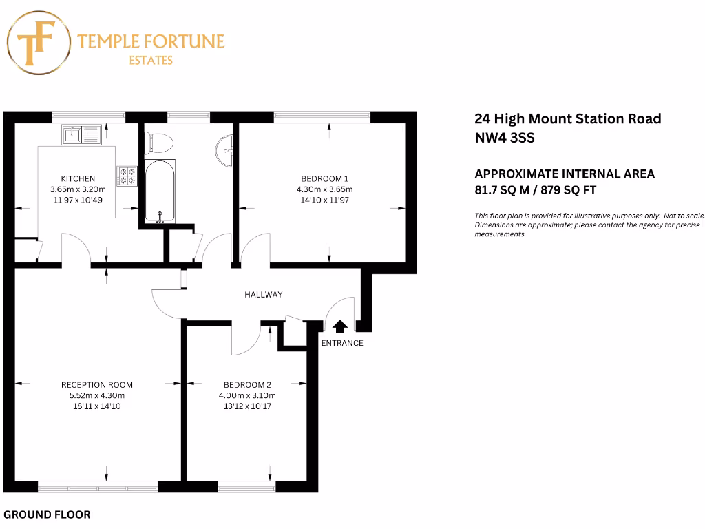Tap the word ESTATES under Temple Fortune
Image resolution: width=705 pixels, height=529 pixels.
(x=151, y=61)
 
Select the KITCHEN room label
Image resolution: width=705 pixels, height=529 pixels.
(x=78, y=178)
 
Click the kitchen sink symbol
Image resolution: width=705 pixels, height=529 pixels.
(x=81, y=134)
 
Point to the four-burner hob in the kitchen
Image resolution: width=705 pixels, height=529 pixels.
(x=127, y=176)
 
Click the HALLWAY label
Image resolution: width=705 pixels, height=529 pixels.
(x=264, y=295)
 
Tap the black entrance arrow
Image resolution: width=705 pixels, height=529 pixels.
(x=339, y=326)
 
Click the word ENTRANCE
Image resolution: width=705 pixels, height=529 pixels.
(x=342, y=343)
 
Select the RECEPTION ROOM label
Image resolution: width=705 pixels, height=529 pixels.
(x=96, y=385)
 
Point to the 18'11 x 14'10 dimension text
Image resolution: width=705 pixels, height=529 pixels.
(x=96, y=406)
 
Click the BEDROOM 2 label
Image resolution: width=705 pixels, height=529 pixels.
(x=247, y=385)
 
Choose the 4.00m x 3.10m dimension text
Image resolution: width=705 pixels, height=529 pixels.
(x=247, y=396)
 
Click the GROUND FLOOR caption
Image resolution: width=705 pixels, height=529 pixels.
(x=47, y=515)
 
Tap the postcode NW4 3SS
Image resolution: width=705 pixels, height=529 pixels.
(x=504, y=137)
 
